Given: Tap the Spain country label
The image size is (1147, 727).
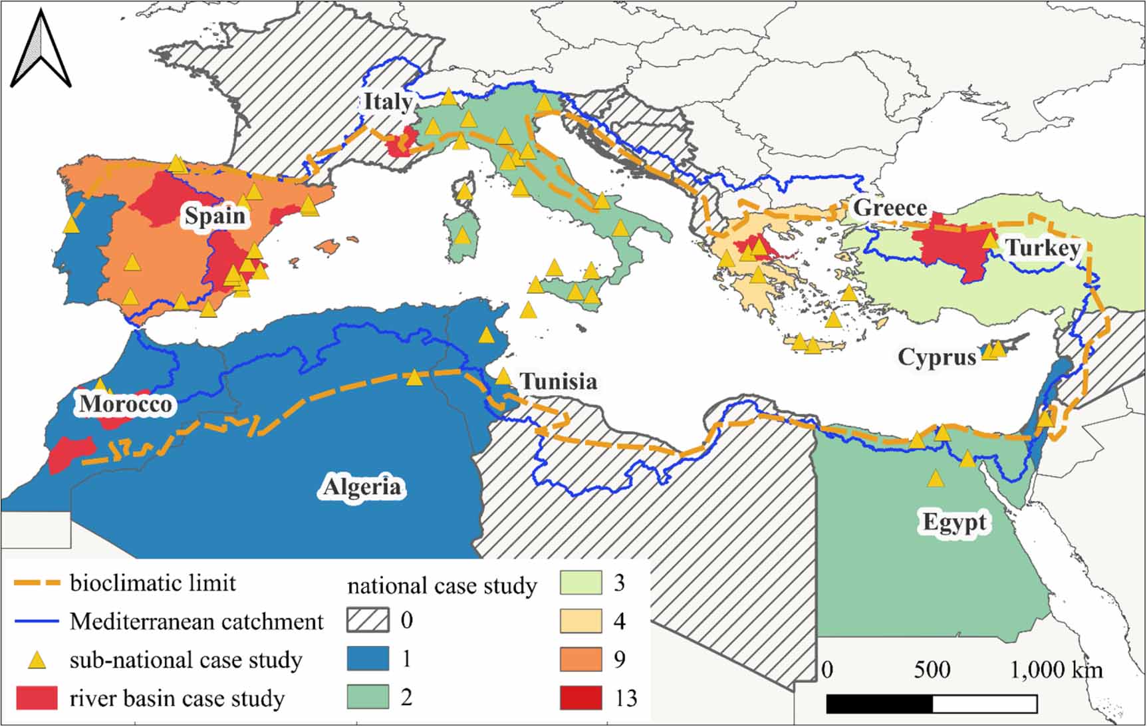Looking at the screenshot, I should click(215, 216).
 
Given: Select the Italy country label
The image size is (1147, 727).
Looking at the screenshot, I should click(388, 102).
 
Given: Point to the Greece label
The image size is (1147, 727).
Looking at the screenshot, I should click(890, 208).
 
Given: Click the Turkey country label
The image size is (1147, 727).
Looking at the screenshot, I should click(1042, 248).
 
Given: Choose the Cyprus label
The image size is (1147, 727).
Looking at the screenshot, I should click(937, 357).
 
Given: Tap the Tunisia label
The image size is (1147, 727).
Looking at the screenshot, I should click(558, 381).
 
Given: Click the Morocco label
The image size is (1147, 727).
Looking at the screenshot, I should click(126, 404).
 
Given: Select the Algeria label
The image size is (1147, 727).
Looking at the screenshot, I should click(362, 487).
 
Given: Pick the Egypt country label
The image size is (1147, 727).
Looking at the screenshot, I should click(954, 521).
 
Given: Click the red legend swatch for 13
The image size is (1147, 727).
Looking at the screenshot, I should click(580, 698).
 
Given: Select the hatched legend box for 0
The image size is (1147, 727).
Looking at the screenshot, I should click(368, 621).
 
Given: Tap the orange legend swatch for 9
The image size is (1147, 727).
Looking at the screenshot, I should click(580, 659).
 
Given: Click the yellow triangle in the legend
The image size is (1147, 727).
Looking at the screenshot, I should click(39, 660).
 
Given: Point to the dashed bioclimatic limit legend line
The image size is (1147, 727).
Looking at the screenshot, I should click(37, 583).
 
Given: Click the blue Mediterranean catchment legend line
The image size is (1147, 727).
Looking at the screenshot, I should click(37, 621).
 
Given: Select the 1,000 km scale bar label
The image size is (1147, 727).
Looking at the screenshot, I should click(1056, 670).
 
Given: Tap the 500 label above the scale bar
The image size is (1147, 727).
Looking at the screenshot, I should click(932, 670).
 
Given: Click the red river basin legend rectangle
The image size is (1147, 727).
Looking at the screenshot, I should click(37, 698).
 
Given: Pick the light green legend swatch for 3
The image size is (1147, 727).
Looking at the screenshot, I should click(580, 583).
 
